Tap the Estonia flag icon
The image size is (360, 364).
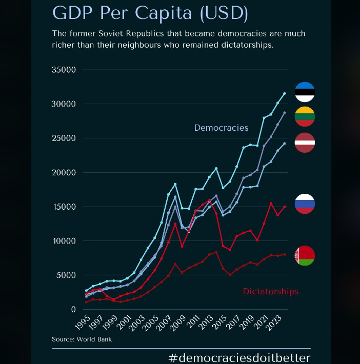[305, 92]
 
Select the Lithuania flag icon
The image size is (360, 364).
[305, 116]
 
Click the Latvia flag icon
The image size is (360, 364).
[305, 143]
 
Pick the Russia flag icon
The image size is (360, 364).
[305, 204]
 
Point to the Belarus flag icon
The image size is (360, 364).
[305, 256]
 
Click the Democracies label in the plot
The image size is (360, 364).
[221, 128]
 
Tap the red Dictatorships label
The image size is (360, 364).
[270, 291]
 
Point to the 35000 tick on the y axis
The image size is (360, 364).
[65, 70]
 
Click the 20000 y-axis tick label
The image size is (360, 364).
[65, 172]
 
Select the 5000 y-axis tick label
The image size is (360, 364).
[67, 275]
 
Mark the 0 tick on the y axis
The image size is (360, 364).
[73, 309]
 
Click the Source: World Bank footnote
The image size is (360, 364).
[82, 339]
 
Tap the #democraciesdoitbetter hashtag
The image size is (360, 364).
[239, 357]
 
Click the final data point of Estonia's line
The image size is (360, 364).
[285, 93]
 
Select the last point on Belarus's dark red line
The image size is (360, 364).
[285, 254]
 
